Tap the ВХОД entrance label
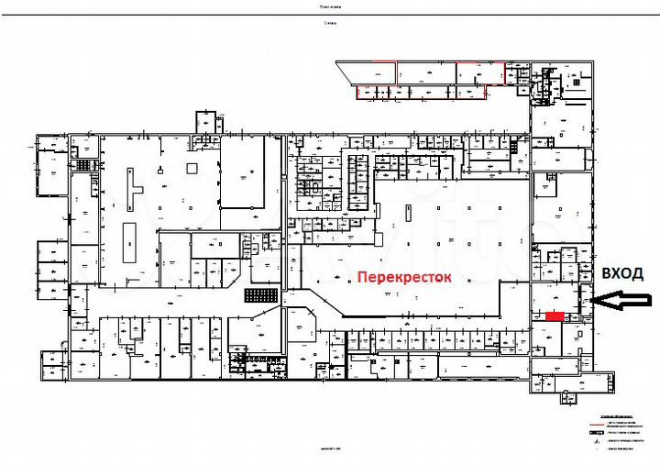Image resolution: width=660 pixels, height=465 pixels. (x=622, y=273)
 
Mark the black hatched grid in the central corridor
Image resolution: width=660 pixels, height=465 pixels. (x=260, y=295)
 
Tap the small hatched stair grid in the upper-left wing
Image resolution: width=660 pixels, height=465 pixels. (x=86, y=164)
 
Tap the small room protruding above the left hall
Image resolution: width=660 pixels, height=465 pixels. (x=206, y=122)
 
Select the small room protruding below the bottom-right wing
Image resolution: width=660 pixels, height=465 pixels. (x=568, y=395)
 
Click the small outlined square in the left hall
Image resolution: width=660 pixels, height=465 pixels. (x=191, y=167)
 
